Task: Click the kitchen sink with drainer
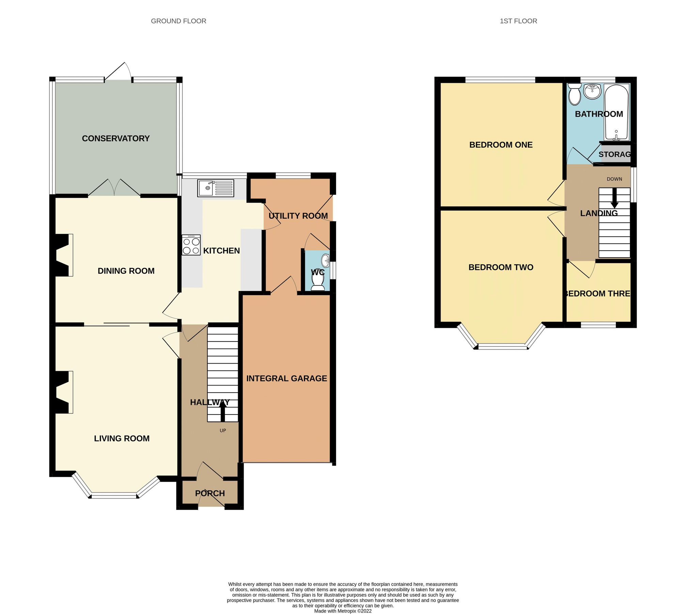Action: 215,188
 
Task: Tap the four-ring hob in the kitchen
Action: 191,245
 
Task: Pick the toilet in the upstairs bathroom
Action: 575,94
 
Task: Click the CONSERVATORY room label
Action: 116,138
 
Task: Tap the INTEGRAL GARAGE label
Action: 286,378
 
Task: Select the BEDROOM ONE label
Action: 501,145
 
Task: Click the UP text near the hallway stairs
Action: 223,430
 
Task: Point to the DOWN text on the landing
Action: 614,179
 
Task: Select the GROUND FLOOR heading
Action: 178,21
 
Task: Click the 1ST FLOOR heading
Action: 518,21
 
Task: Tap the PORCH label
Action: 210,493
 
